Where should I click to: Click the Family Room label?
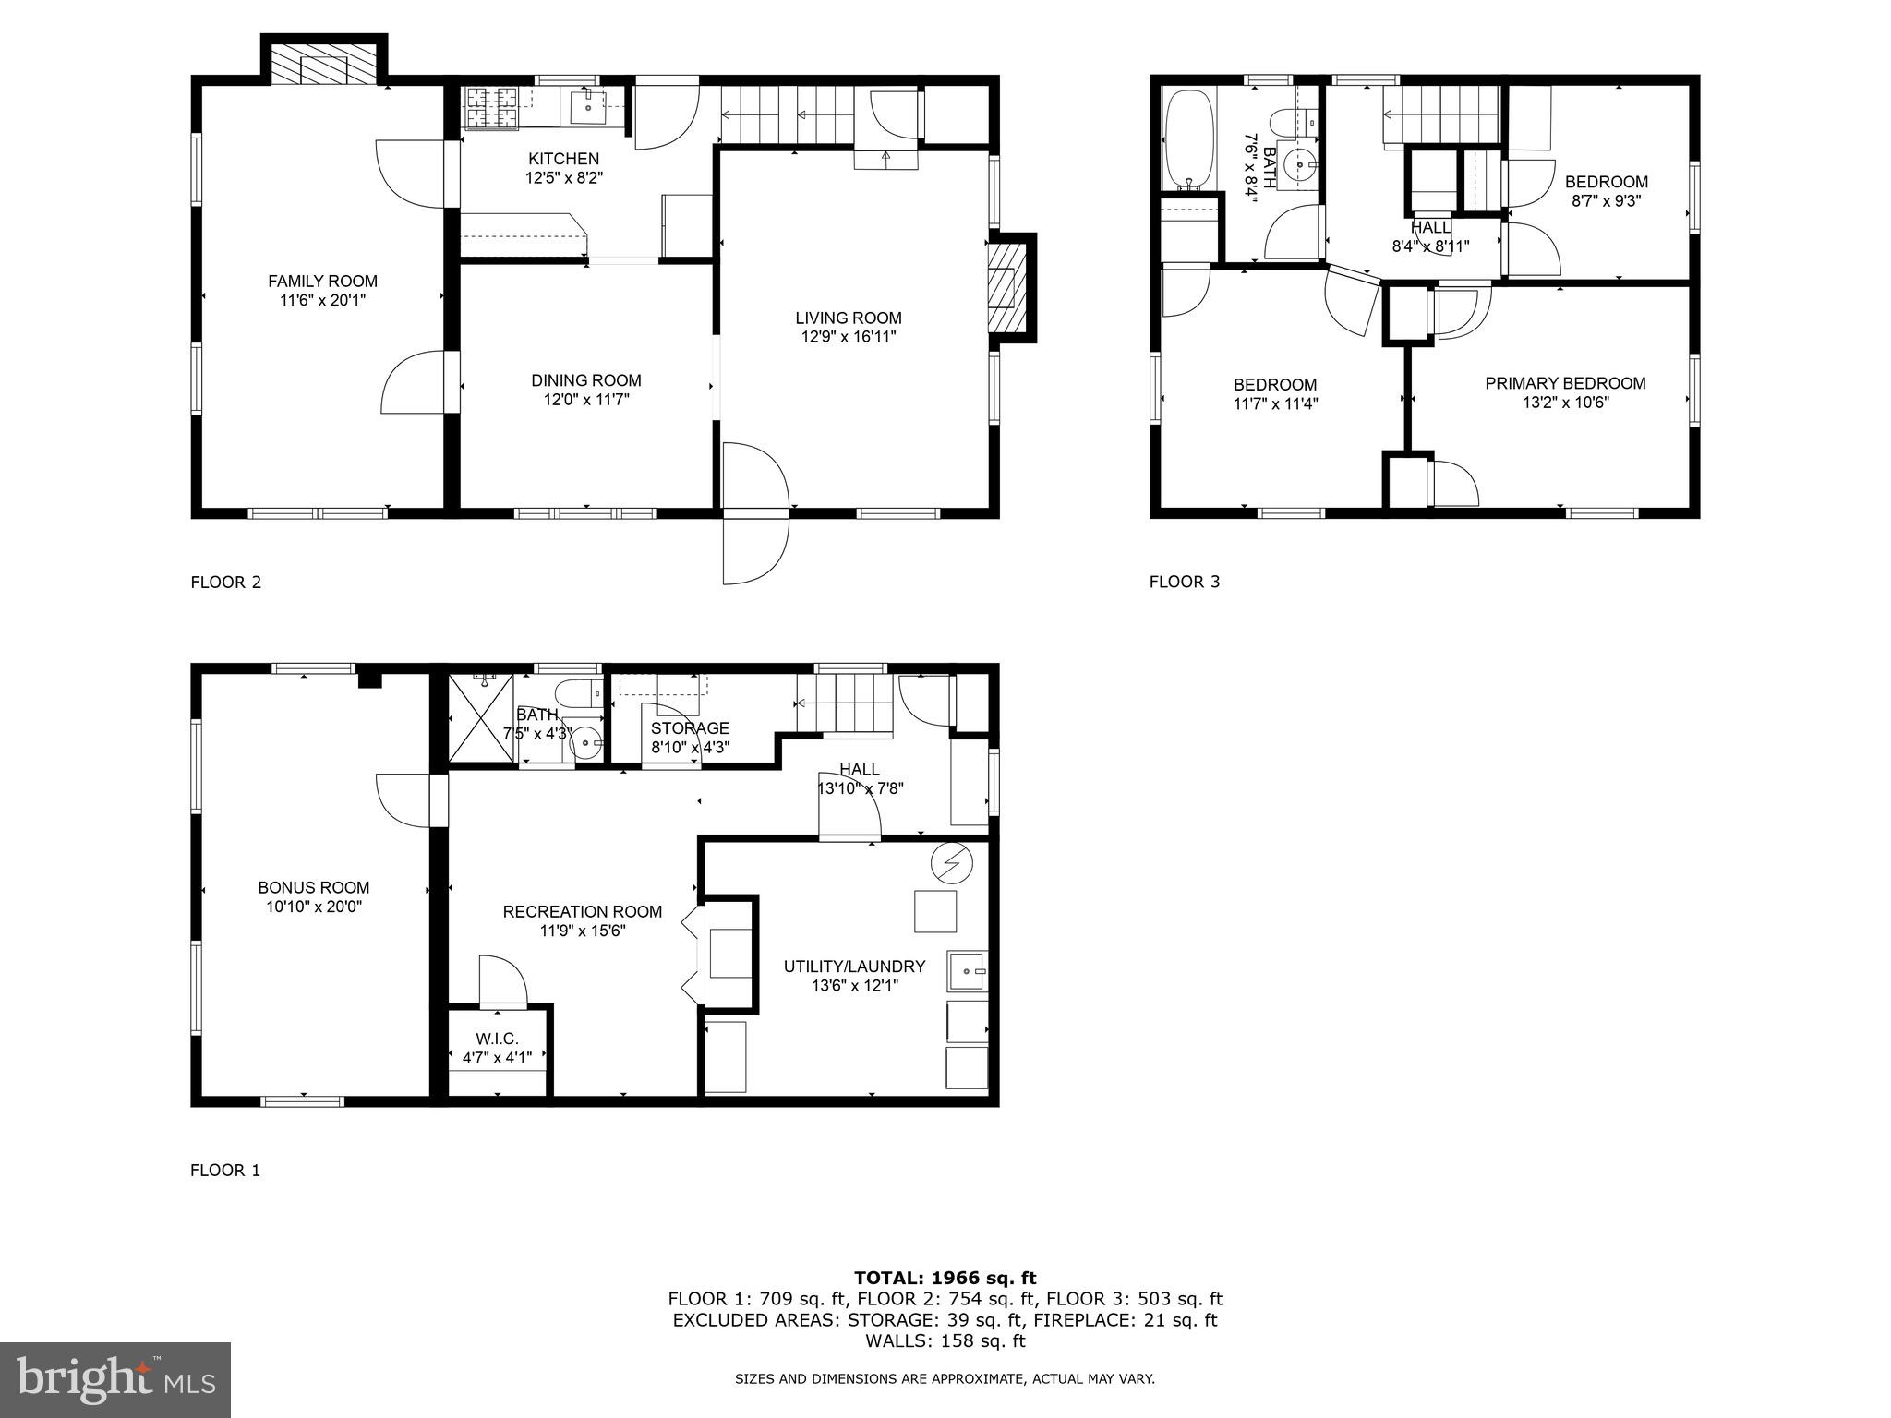coord(322,282)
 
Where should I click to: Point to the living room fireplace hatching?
coord(1006,287)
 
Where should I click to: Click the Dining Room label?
coord(585,380)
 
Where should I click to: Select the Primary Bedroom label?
coord(1565,383)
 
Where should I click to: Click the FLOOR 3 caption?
coord(1185,582)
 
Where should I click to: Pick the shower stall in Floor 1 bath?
coord(480,717)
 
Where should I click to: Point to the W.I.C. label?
coord(497,1039)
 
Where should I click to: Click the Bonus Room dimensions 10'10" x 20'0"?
coord(314,907)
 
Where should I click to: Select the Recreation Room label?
coord(582,912)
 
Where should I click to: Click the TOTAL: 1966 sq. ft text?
coord(945,1279)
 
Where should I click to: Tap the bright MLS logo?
coord(115,1379)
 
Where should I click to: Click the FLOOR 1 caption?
coord(225,1171)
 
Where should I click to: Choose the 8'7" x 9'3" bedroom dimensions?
coord(1606,200)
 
